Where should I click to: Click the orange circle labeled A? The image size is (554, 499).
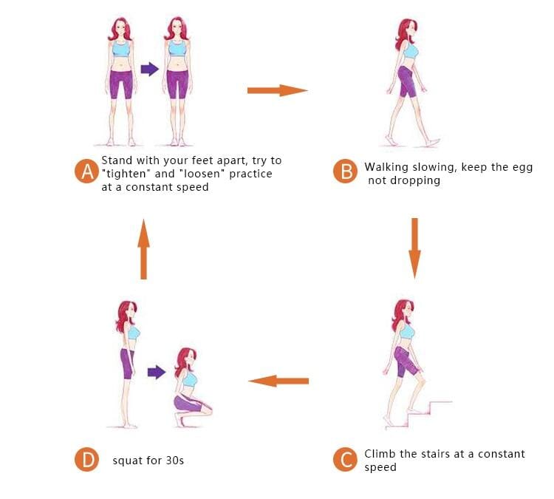(x=87, y=172)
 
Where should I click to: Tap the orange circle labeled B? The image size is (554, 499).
(x=346, y=172)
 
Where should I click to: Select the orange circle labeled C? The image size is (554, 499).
(x=345, y=459)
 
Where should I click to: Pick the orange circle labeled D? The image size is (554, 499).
(x=87, y=459)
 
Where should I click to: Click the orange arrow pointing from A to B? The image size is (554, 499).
(x=277, y=90)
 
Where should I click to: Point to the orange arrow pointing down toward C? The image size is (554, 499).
(x=415, y=248)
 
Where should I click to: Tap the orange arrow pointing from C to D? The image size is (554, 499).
(x=278, y=381)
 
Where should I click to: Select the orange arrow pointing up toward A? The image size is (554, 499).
(x=143, y=249)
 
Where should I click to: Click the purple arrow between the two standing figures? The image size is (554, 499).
(x=150, y=69)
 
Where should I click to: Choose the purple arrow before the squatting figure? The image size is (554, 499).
(x=157, y=372)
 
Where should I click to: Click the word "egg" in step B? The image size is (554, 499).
(x=522, y=168)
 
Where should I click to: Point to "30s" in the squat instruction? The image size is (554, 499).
(x=175, y=461)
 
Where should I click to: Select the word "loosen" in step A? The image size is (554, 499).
(x=202, y=174)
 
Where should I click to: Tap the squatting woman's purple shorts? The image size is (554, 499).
(x=188, y=404)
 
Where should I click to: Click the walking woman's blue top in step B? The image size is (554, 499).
(x=411, y=51)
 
